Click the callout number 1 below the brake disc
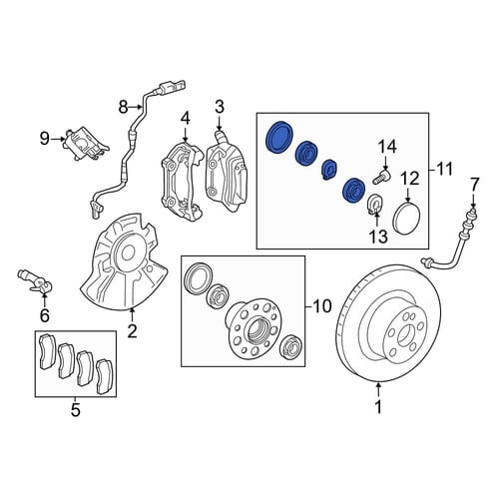pos(378,407)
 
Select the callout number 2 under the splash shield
pos(132,330)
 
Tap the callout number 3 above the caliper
pos(220,107)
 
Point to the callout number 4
pos(186,119)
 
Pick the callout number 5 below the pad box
pos(76,410)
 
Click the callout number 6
pos(45,315)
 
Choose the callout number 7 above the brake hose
pos(474,185)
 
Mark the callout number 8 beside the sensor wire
pos(123,107)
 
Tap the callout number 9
pos(45,139)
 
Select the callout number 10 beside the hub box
pos(322,306)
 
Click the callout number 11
pos(444,170)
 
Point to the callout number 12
pos(410,180)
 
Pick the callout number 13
pos(378,237)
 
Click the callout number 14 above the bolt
pos(388,147)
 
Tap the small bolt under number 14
pos(382,177)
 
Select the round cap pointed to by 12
pos(406,218)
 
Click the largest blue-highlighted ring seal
pos(278,138)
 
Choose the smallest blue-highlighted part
pos(329,169)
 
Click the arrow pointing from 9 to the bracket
pos(58,139)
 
